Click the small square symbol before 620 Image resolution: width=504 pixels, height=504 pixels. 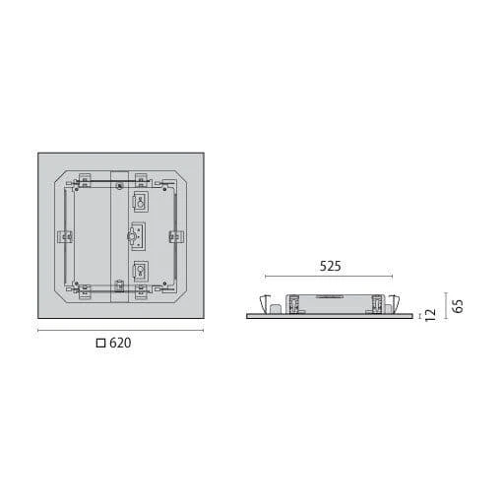99,344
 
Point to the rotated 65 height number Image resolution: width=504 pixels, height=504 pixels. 457,305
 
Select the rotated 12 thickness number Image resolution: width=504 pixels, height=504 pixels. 429,314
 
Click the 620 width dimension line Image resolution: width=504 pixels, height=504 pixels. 120,331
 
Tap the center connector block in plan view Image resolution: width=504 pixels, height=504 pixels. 138,236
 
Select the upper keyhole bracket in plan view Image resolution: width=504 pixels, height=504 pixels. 140,203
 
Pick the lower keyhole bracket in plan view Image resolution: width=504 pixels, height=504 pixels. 140,273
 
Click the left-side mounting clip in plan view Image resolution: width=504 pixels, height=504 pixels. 66,236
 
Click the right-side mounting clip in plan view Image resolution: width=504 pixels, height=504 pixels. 176,236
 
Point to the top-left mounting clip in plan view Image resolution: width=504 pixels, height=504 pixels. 84,180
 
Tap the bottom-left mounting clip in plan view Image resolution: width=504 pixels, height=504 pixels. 84,290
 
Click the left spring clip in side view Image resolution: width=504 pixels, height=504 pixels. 262,301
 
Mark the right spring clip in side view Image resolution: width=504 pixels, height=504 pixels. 394,301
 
